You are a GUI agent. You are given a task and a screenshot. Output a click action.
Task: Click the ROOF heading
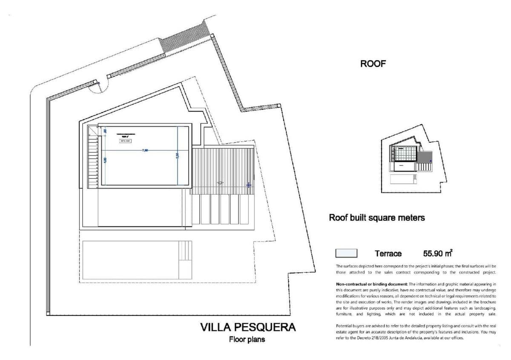pos(373,64)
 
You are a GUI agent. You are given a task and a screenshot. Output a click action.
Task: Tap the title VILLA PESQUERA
pos(248,327)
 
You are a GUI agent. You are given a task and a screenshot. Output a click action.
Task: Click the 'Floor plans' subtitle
pos(247,339)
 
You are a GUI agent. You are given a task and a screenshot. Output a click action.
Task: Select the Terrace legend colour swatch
pos(346,254)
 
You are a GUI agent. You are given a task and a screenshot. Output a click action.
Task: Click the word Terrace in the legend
pos(388,254)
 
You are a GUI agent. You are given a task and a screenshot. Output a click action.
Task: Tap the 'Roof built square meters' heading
pos(376,217)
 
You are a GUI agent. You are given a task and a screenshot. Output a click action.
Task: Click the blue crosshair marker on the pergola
pos(249,185)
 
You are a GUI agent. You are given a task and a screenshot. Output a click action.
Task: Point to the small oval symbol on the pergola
pos(220,183)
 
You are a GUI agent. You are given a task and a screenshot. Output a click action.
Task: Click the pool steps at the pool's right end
pos(185,257)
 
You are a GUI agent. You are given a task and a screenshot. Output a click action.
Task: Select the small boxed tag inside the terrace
pos(125,141)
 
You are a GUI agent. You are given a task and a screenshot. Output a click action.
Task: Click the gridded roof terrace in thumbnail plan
pos(405,153)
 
